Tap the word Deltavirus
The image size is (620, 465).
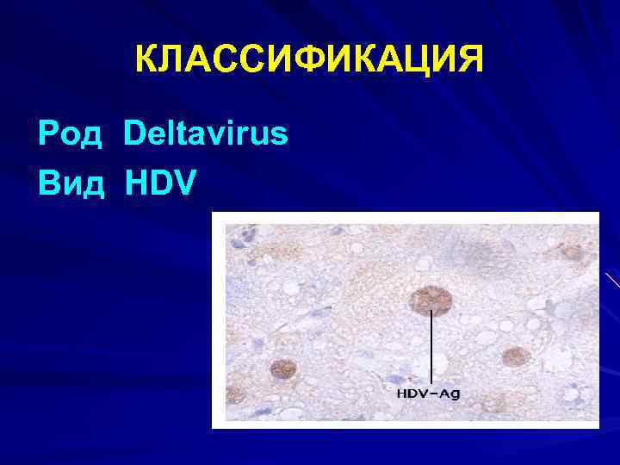(x=205, y=134)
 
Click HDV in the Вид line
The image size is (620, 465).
(x=161, y=182)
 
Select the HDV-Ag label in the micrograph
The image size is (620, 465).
(x=428, y=394)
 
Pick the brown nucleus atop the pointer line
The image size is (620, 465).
(x=431, y=301)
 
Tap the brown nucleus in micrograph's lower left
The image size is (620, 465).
(x=282, y=369)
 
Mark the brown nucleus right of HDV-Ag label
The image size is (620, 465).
(x=515, y=356)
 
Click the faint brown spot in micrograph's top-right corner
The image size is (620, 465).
(x=573, y=251)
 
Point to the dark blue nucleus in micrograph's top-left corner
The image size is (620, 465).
(x=248, y=232)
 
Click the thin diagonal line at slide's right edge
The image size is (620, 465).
(x=612, y=280)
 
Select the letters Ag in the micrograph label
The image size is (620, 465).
(x=449, y=394)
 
